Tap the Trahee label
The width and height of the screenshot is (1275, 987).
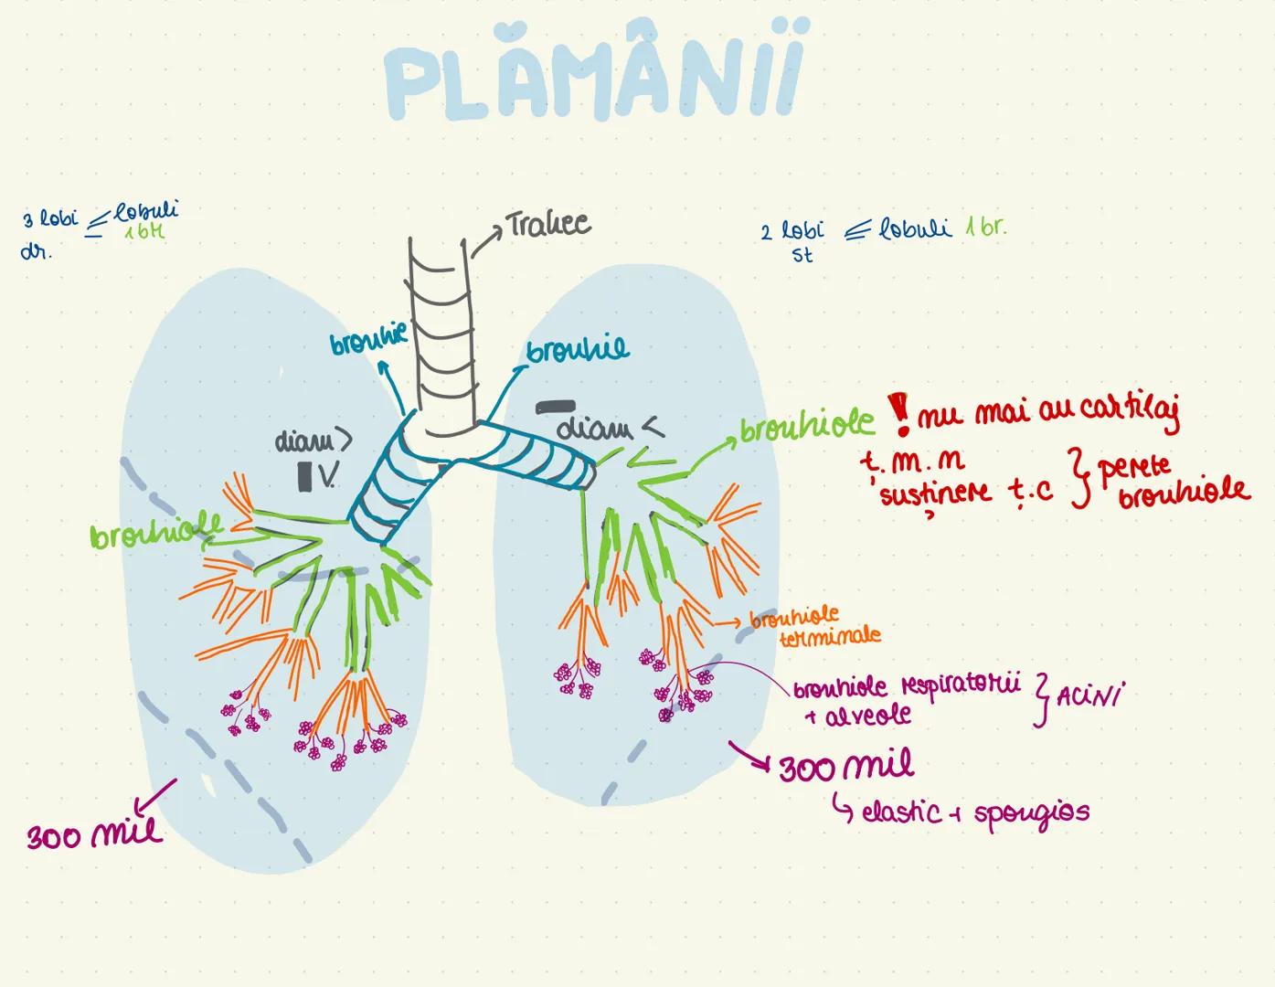[547, 225]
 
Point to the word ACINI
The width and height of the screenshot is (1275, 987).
[1089, 696]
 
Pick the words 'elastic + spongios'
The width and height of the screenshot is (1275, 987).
[975, 812]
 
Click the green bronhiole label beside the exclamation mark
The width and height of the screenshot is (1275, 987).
[806, 428]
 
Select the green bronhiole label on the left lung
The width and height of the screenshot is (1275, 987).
[156, 533]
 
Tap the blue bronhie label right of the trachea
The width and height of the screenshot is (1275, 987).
[578, 351]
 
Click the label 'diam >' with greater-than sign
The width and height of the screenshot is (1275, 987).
[313, 441]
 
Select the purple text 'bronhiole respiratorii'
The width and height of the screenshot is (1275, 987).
[906, 687]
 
